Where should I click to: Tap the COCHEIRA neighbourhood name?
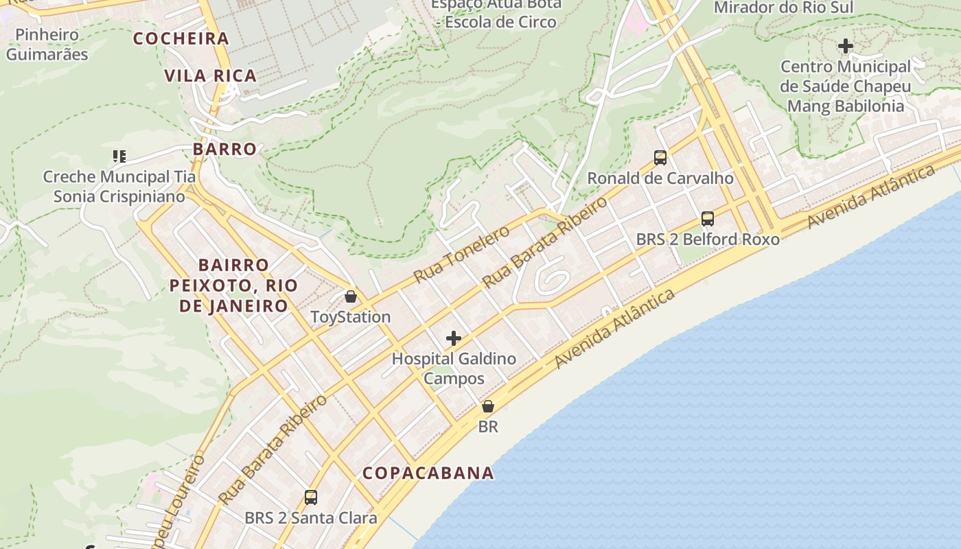pos(181,38)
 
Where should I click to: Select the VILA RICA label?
pos(211,75)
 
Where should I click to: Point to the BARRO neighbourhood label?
pos(224,149)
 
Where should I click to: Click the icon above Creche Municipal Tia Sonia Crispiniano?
pos(119,156)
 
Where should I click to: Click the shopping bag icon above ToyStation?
pos(351,296)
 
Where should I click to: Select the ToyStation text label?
pos(351,317)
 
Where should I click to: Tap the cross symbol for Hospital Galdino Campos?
pos(453,338)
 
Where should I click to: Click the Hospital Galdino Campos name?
pos(454,368)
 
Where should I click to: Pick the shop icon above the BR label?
pos(488,406)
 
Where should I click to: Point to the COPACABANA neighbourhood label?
pos(428,473)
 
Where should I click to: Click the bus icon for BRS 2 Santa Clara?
pos(311,498)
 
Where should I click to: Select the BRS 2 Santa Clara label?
pos(311,518)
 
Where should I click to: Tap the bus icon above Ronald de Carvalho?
pos(660,158)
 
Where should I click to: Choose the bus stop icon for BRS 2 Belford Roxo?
pos(708,219)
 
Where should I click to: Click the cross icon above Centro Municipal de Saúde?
pos(846,46)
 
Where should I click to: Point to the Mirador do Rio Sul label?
pos(784,8)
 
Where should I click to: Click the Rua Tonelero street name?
pos(461,254)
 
